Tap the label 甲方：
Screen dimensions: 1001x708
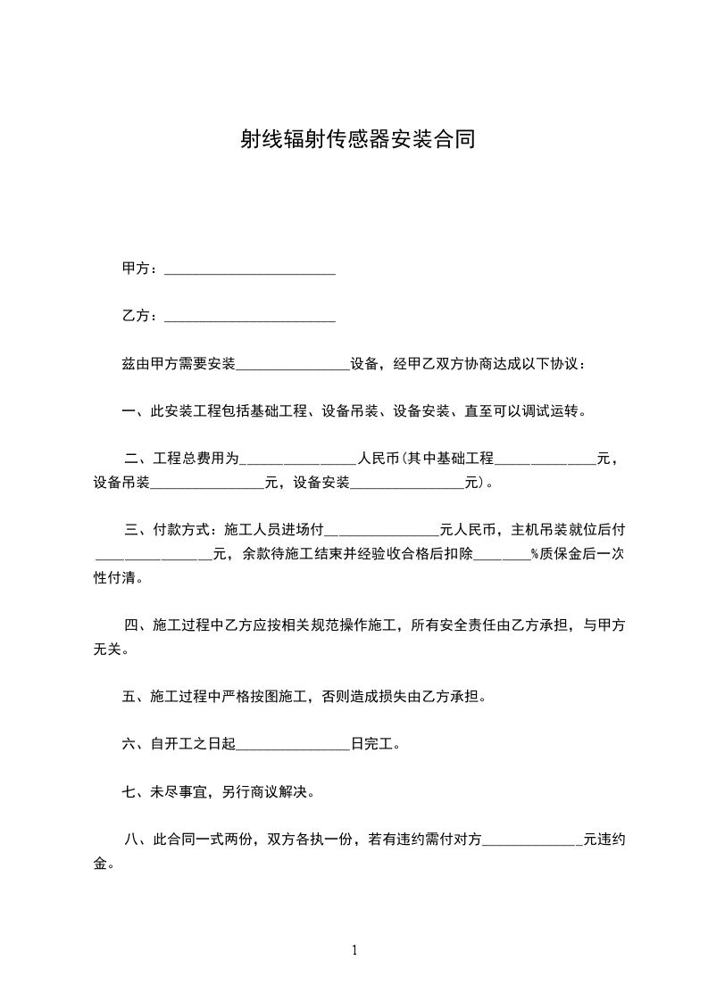click(x=141, y=269)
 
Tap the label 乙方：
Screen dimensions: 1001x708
click(x=141, y=316)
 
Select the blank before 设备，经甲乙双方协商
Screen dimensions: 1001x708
click(x=293, y=365)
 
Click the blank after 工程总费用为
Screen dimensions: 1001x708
click(x=299, y=460)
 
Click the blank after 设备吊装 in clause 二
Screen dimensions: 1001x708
click(x=207, y=484)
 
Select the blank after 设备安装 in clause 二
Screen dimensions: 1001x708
click(x=408, y=484)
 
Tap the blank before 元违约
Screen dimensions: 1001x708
click(x=532, y=840)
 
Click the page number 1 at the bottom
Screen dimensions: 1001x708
click(x=354, y=950)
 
